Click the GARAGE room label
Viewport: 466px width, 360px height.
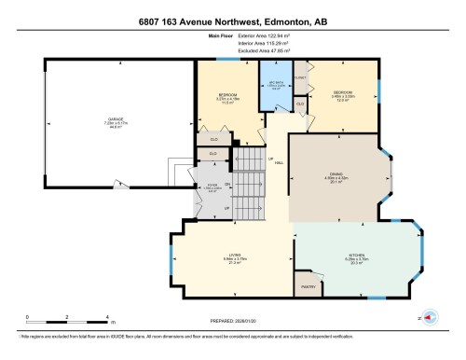tap(116, 120)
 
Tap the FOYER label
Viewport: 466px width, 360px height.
tap(212, 187)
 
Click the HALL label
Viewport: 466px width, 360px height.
tap(280, 161)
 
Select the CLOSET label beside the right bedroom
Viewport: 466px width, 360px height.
tap(300, 77)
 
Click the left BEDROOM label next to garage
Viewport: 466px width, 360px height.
tap(226, 96)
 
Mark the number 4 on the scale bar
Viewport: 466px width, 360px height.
tap(109, 317)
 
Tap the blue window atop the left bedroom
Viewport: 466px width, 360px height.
tap(244, 60)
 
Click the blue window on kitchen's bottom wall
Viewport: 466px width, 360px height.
tap(374, 298)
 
